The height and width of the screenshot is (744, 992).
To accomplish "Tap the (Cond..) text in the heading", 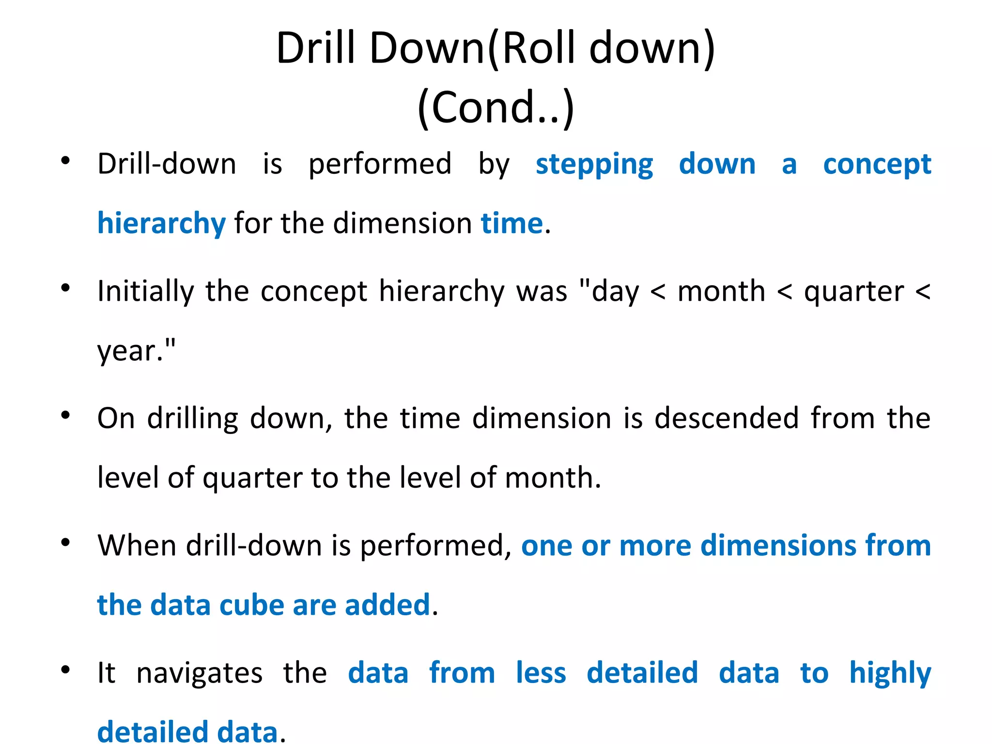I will pos(496,108).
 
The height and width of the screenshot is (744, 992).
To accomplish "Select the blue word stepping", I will pos(594,164).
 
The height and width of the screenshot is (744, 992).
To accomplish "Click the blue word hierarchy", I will pos(161,224).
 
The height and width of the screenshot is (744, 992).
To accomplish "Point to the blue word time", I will pos(511,224).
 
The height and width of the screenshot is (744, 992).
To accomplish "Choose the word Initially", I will pos(145,292).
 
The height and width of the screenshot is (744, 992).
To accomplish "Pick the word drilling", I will pos(192,418).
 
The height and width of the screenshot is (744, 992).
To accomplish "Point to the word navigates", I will pos(199,673).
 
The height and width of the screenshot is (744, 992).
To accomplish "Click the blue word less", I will pos(541,673).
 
